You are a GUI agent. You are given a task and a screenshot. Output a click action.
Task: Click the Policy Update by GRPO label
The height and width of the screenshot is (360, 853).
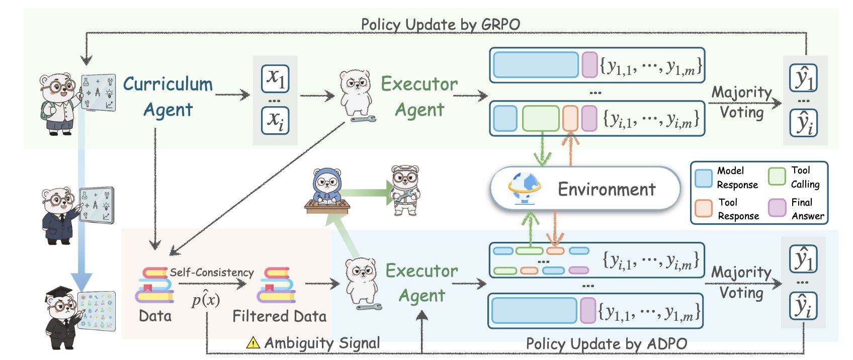[x=440, y=24]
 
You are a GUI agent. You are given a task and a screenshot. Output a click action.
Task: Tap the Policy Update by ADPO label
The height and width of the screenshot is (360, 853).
[x=606, y=344]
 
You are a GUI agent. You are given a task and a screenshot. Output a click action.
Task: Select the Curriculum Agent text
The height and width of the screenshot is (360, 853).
[x=168, y=97]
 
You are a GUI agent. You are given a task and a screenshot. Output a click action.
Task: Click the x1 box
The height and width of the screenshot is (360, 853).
[x=275, y=78]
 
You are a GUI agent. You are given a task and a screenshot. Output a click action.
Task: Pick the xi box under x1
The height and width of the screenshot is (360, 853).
[x=275, y=121]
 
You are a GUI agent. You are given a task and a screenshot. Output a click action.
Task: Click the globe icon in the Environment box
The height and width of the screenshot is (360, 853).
[x=525, y=188]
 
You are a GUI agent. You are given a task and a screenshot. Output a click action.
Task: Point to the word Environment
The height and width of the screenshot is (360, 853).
[x=607, y=190]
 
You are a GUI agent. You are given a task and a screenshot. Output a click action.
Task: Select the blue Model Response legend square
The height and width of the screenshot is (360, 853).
[x=703, y=177]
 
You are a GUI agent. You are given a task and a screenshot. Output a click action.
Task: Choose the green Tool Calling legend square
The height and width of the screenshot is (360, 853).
[x=777, y=176]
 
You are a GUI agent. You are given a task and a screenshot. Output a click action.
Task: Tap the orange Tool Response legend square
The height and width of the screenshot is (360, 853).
[x=703, y=208]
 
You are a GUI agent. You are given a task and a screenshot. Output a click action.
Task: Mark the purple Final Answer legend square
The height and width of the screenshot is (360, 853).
[x=777, y=207]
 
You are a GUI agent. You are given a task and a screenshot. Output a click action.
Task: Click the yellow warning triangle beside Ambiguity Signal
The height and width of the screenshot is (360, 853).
[x=253, y=343]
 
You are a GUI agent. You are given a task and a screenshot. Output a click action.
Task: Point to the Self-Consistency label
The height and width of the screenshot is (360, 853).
[x=211, y=273]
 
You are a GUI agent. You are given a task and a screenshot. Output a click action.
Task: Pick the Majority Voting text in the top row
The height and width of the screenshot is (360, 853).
[x=741, y=102]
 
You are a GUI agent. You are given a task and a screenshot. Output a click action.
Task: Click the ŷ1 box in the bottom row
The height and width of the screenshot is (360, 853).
[x=803, y=259]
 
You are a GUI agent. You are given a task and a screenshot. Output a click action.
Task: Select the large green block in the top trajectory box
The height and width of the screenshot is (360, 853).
[x=541, y=119]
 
